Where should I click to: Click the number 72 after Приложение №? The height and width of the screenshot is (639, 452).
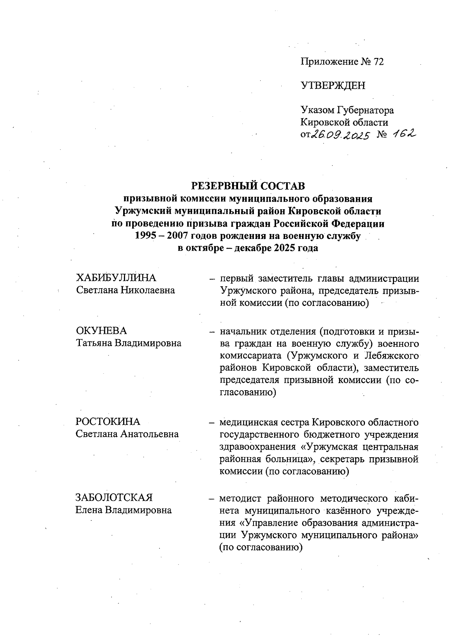click(378, 62)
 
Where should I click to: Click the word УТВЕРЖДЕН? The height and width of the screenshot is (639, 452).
click(333, 86)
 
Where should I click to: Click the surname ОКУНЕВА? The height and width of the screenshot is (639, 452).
click(101, 331)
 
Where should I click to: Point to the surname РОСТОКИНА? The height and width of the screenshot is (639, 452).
click(108, 421)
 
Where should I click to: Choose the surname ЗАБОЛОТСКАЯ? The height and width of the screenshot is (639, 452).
click(114, 498)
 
